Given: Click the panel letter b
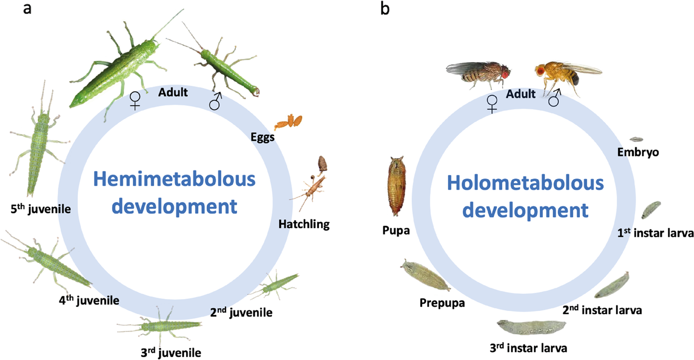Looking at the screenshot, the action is coord(384,9).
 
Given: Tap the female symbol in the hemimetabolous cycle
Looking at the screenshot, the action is coord(135,101).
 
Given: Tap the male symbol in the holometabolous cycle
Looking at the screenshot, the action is coord(555,97).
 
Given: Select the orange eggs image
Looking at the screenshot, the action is coord(288,123).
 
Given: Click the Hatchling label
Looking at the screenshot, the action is coord(303,224).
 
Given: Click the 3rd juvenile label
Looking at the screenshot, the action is coord(171,353).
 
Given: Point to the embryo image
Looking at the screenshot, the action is coord(636,139).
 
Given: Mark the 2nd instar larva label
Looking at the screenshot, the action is coord(602,310).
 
